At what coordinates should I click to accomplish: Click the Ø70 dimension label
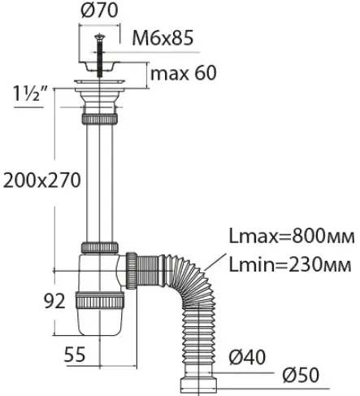tap(99, 11)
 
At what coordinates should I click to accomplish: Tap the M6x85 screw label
tap(163, 38)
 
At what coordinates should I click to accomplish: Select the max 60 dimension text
tap(184, 72)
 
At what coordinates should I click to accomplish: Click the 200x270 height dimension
tap(42, 181)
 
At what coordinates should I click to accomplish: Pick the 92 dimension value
tap(54, 301)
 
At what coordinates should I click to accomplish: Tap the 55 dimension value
tap(75, 354)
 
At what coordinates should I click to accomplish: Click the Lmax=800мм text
tap(292, 237)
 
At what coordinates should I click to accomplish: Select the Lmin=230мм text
tap(290, 264)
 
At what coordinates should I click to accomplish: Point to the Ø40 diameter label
tap(247, 357)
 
